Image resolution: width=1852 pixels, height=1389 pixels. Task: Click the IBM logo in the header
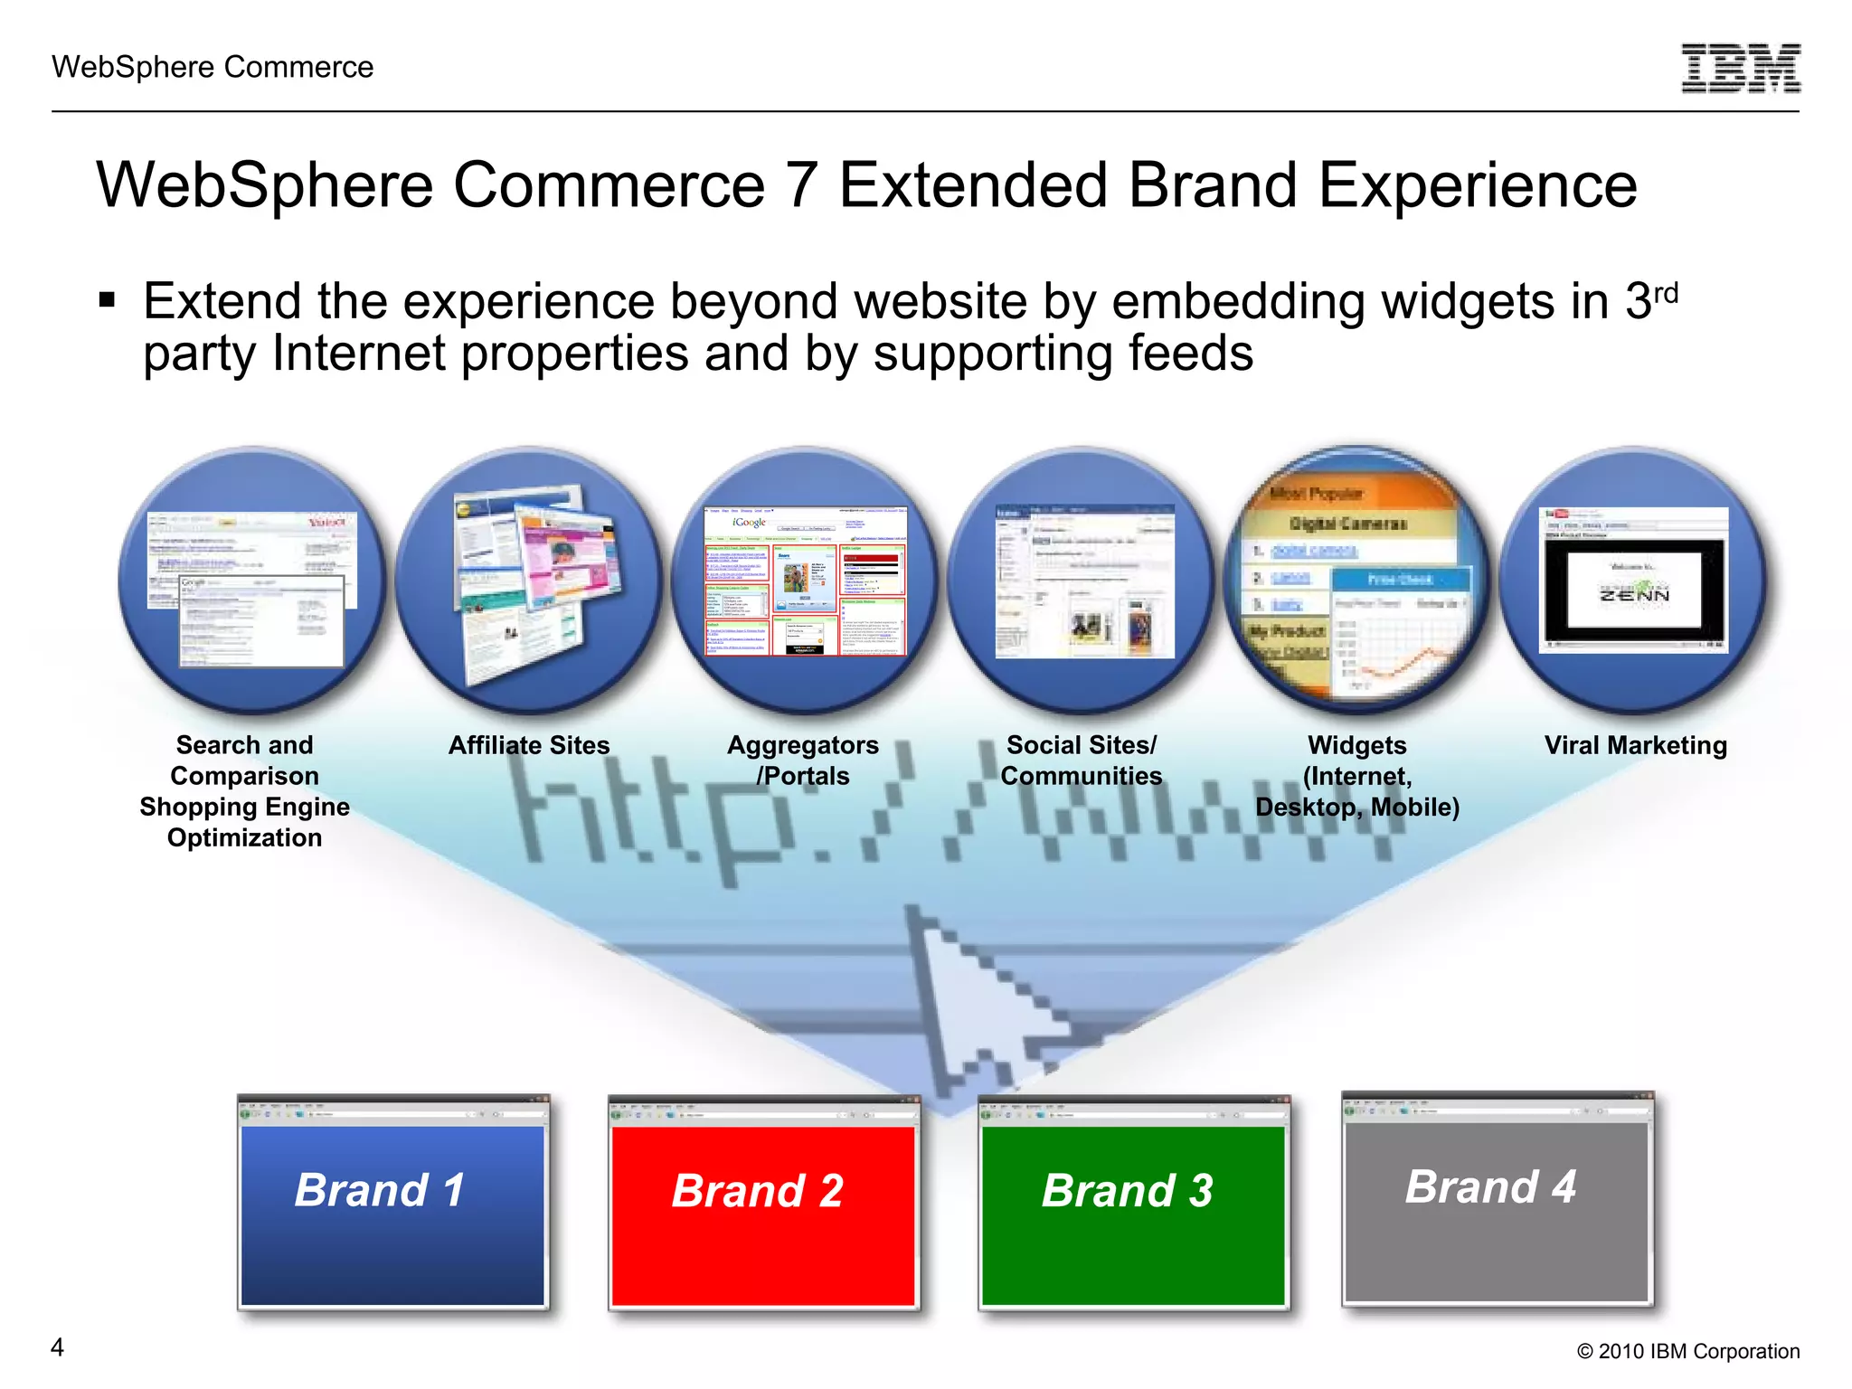[x=1740, y=68]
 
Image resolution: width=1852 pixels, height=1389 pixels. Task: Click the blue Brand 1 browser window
[x=393, y=1203]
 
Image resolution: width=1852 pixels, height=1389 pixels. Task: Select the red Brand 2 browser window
[x=763, y=1203]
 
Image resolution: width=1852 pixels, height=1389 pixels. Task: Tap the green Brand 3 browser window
[x=1134, y=1203]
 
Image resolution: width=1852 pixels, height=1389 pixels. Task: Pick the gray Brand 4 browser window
[x=1497, y=1198]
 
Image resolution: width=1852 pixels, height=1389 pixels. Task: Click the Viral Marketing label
[x=1635, y=745]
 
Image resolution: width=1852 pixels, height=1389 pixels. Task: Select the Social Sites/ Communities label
[x=1082, y=761]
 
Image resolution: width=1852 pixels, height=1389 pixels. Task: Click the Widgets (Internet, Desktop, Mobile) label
[x=1356, y=776]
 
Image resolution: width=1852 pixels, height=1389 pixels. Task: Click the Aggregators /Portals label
[x=803, y=761]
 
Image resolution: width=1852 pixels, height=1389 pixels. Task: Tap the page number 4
[x=57, y=1347]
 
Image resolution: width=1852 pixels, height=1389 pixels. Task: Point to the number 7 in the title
[x=801, y=186]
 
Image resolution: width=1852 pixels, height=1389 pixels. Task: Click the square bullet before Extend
[x=108, y=299]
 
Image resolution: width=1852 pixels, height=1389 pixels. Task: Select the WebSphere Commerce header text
[x=213, y=67]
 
